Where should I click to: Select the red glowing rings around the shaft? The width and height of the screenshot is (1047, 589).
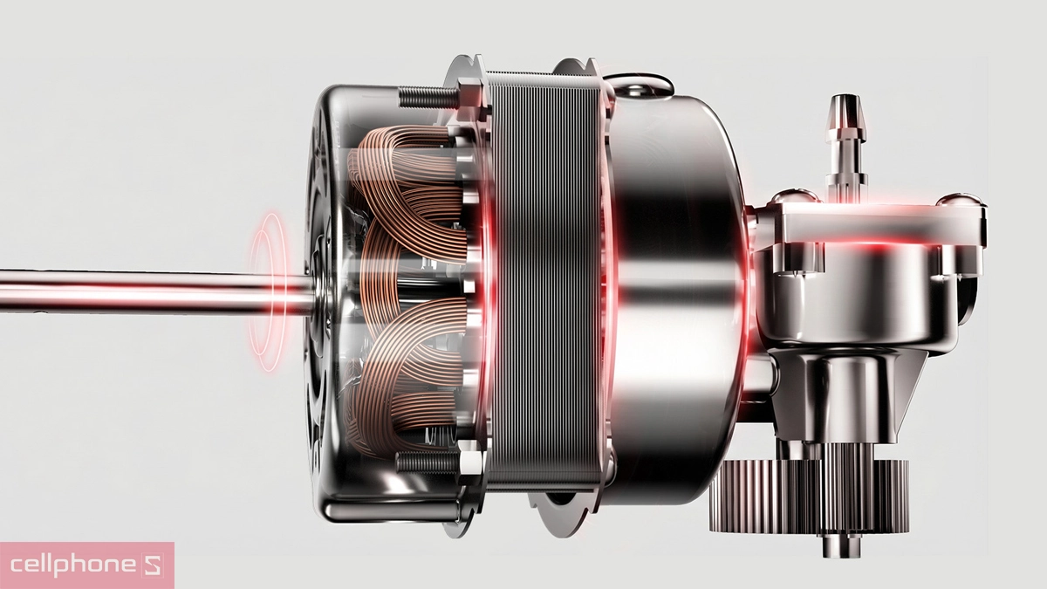pyautogui.click(x=268, y=292)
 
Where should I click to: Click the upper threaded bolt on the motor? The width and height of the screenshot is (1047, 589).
pyautogui.click(x=428, y=97)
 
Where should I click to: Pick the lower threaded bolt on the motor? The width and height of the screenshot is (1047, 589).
pyautogui.click(x=427, y=462)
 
